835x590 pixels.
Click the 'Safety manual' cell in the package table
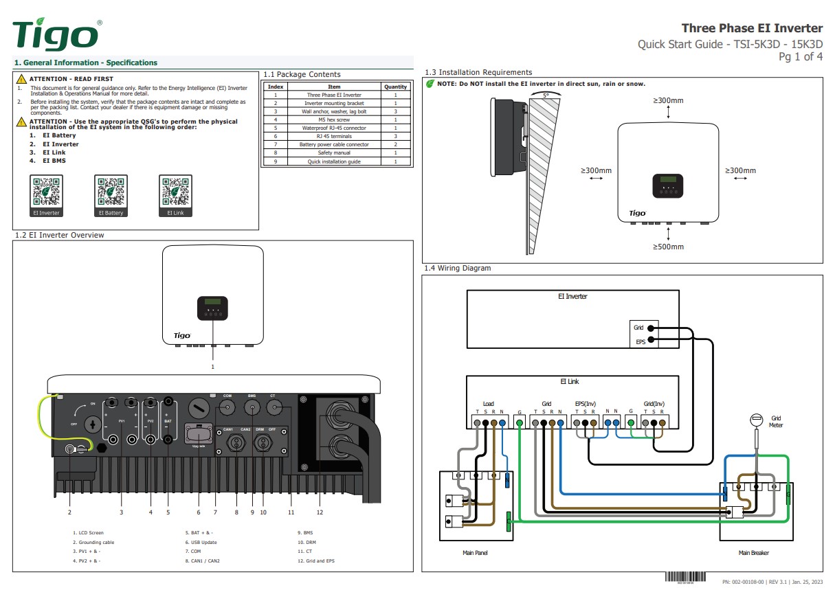tap(334, 153)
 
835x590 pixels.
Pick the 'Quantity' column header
tap(395, 87)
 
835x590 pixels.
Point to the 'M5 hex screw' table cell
tap(334, 120)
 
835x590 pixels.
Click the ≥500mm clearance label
tap(668, 247)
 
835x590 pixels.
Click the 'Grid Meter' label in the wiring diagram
tap(776, 421)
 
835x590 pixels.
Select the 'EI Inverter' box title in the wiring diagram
tap(572, 297)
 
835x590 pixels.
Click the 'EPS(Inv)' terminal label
tap(585, 404)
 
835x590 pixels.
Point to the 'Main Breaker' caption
tap(754, 552)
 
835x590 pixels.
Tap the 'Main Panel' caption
tap(476, 552)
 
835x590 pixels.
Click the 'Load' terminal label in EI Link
tap(488, 404)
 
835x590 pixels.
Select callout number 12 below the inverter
tap(319, 512)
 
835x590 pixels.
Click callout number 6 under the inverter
tap(198, 512)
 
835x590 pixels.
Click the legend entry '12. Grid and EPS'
tap(316, 560)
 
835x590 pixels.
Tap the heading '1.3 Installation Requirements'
tap(478, 72)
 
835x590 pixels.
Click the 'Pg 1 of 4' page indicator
tap(800, 57)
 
